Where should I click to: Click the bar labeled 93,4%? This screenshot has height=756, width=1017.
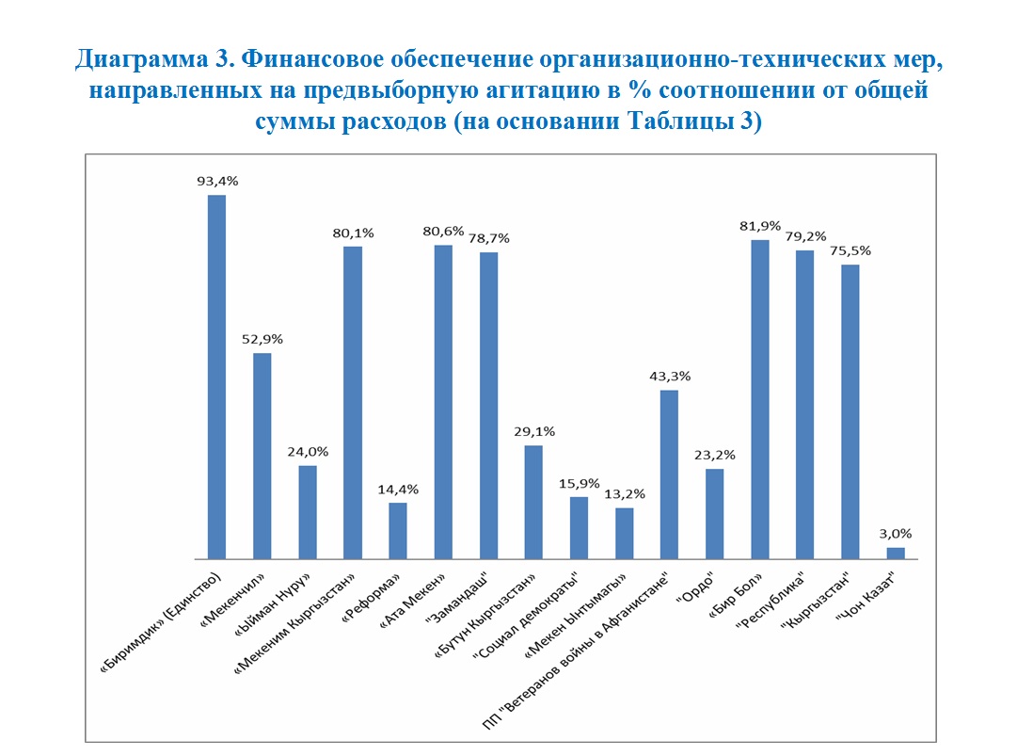coord(216,377)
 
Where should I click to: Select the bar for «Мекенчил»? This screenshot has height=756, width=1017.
coord(262,456)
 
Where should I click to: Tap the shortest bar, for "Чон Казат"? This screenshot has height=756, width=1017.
coord(896,554)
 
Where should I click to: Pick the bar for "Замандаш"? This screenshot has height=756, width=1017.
coord(488,406)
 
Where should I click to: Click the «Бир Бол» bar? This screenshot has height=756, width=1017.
coord(760,399)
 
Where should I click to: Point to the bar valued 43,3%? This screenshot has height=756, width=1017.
coord(670,475)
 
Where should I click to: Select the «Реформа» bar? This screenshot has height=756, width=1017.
coord(398,531)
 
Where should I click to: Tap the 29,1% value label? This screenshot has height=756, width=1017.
coord(533,431)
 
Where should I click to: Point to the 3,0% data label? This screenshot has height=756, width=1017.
coord(896,533)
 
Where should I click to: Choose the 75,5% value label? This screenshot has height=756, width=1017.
coord(850,250)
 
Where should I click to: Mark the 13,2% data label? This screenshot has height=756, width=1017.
coord(624,493)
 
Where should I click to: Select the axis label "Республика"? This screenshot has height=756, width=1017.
coord(780,603)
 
